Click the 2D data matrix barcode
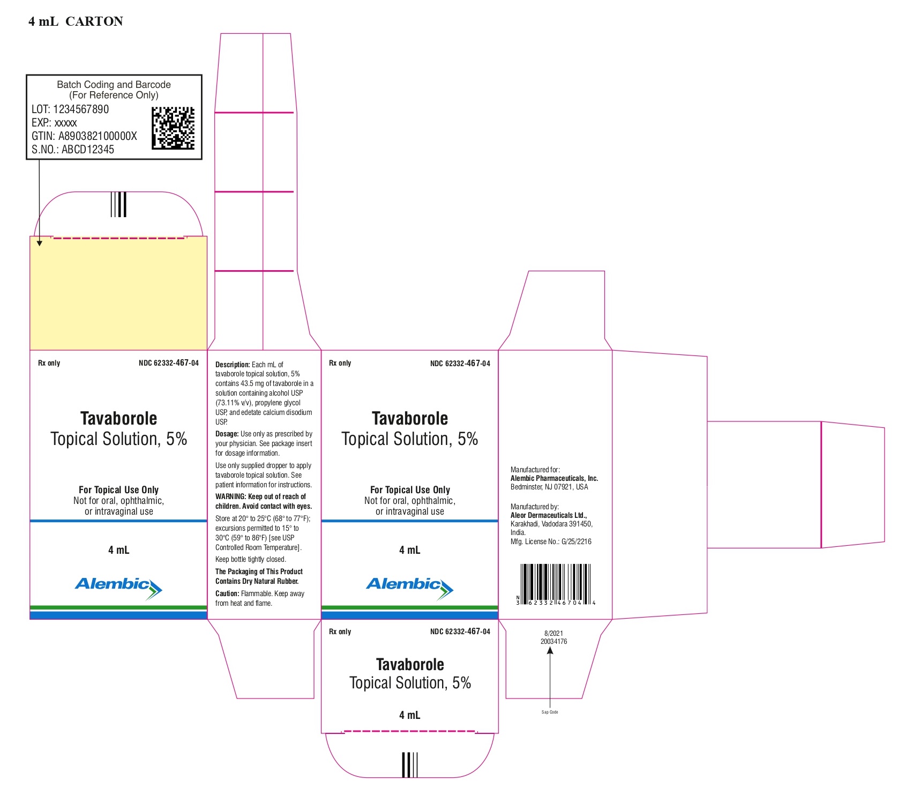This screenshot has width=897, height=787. click(173, 128)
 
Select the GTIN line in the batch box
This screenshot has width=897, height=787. click(84, 136)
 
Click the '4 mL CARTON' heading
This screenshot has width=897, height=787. click(76, 21)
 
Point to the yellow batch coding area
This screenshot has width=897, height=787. click(118, 294)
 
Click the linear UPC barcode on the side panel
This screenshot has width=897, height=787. click(556, 584)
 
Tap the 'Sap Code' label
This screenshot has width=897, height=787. click(550, 712)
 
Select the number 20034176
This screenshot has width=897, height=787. click(554, 641)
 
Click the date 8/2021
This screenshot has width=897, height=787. click(554, 633)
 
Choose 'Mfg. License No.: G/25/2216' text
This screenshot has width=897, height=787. click(551, 541)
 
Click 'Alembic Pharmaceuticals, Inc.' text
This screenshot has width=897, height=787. click(554, 478)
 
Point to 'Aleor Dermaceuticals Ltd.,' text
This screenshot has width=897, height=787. click(549, 515)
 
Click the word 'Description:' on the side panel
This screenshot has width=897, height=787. click(233, 365)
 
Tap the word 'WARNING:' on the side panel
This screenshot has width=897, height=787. click(230, 496)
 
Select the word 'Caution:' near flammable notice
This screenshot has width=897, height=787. click(227, 593)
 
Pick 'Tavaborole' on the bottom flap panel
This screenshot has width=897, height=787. click(410, 665)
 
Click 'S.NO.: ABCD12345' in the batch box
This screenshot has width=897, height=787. click(73, 150)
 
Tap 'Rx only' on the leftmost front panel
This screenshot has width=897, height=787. click(49, 363)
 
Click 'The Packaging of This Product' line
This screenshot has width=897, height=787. click(259, 571)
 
